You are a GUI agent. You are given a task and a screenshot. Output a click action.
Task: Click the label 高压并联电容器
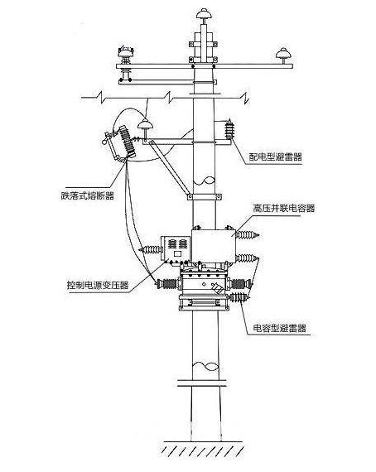[282, 209]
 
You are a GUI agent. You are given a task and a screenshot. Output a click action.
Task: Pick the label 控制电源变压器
[97, 285]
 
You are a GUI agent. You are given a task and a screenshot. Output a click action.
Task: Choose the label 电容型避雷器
[280, 328]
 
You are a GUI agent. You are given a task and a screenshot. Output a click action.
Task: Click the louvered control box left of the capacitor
[176, 247]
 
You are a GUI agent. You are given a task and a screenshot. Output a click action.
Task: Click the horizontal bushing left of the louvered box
[151, 247]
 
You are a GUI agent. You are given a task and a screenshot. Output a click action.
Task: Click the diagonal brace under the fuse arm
[172, 169]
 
